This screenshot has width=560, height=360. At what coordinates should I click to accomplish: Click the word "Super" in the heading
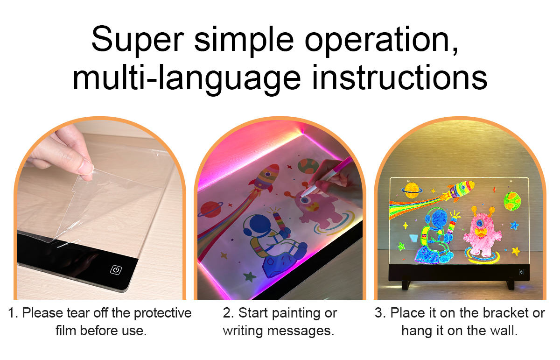[x=138, y=40]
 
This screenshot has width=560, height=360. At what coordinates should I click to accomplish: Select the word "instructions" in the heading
[x=399, y=78]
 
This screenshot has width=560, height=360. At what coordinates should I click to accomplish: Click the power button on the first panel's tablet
[x=116, y=270]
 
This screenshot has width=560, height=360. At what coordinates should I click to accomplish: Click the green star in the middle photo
[x=250, y=277]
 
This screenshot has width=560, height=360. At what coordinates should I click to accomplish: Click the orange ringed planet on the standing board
[x=412, y=191]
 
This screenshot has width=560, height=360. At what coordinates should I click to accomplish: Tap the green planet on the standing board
[x=512, y=201]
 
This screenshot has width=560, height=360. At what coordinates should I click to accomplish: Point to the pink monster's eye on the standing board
[x=480, y=223]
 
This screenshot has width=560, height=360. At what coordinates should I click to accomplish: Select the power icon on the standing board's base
[x=521, y=272]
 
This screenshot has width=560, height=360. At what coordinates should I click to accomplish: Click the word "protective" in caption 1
[x=163, y=313]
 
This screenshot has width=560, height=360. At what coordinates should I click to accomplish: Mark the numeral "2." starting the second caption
[x=228, y=313]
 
